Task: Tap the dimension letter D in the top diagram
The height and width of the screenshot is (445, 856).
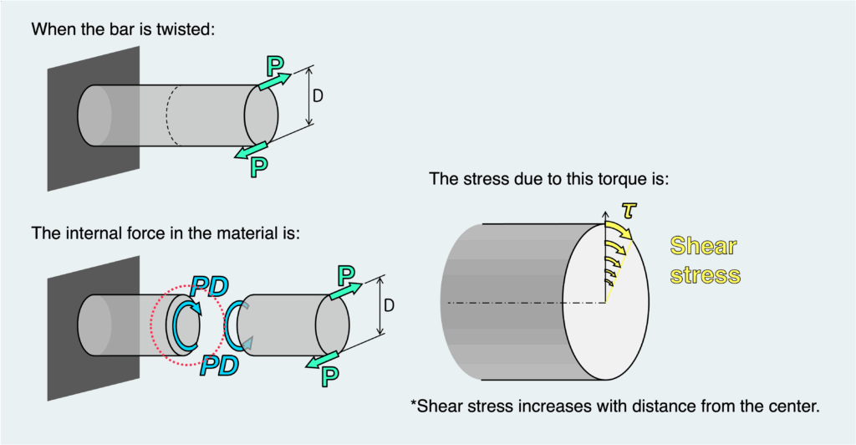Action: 318,96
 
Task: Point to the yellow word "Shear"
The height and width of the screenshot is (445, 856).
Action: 704,246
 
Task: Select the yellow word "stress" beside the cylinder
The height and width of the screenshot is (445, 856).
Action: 705,274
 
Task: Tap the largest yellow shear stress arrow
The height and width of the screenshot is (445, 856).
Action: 620,230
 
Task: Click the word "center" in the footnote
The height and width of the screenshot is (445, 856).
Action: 790,407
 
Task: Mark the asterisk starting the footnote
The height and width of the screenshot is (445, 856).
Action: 414,405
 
